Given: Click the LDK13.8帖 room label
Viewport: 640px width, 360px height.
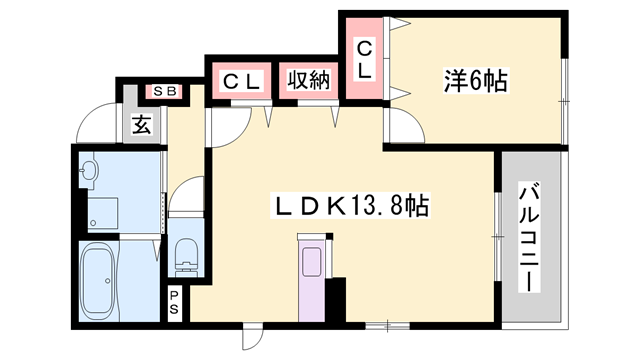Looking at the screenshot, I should coord(352,207).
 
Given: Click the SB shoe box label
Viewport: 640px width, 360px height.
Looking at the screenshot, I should coord(164,92).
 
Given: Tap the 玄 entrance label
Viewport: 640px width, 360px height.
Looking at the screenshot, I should coord(142,126).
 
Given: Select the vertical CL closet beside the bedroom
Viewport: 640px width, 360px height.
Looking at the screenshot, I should coord(364,59).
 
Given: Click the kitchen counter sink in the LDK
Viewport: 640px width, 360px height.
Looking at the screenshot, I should coord(311,261).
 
